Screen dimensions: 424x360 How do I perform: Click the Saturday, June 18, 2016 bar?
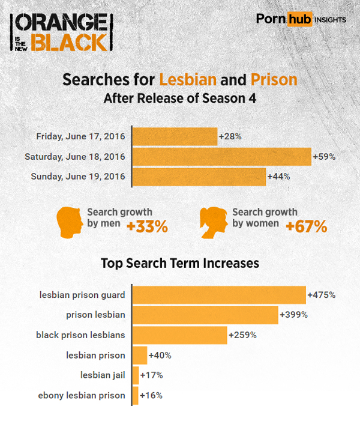[x=221, y=157]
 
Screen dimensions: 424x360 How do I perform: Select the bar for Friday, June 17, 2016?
[x=175, y=136]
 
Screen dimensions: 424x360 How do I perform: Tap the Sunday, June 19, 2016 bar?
[x=199, y=177]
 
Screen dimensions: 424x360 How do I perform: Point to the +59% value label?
[x=324, y=157]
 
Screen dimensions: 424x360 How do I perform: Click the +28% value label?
[x=230, y=136]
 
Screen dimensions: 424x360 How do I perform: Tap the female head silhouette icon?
[x=214, y=220]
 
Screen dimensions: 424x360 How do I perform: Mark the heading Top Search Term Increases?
[x=180, y=263]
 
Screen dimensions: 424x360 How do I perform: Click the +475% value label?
[x=321, y=295]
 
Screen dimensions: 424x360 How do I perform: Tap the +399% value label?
[x=293, y=315]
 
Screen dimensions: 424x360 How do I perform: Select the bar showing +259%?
[x=179, y=335]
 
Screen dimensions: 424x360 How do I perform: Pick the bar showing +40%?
[x=139, y=355]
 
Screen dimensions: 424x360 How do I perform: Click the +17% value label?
[x=151, y=375]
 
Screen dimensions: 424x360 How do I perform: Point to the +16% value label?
[x=151, y=395]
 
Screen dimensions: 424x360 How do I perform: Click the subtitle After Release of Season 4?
[x=180, y=98]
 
